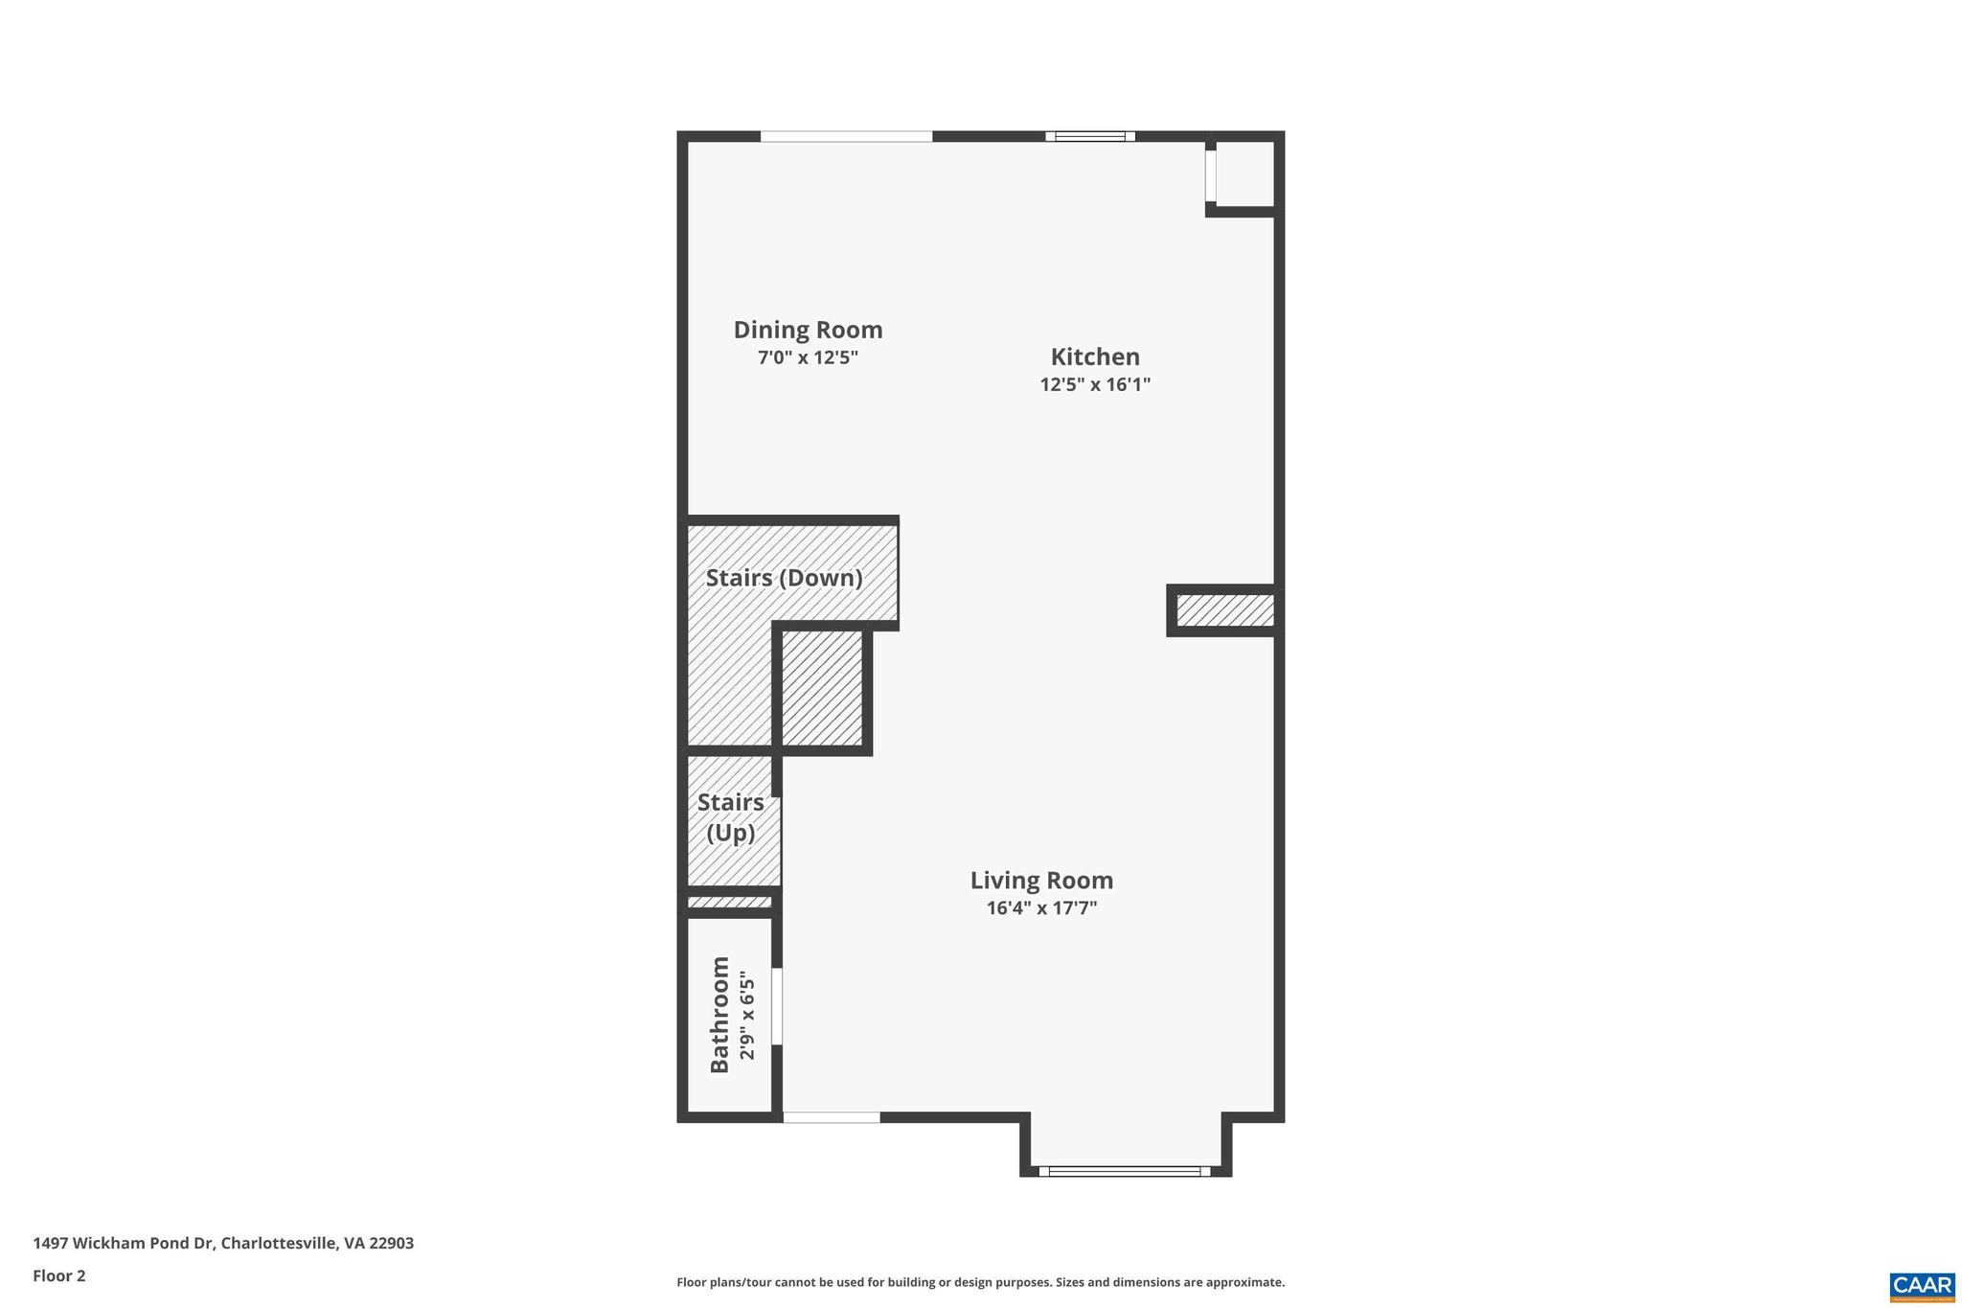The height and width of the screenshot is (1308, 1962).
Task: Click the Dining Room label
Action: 808,330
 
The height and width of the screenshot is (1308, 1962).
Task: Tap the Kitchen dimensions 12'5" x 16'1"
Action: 1094,384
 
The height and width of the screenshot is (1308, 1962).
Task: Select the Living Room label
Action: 1041,880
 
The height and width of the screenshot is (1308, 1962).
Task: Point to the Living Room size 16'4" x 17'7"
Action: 1041,907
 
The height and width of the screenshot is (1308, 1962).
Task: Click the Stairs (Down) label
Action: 784,578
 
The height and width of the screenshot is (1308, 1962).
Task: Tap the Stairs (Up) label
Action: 731,817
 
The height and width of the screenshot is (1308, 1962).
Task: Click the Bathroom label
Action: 719,1014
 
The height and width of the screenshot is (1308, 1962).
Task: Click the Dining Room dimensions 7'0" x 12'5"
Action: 808,357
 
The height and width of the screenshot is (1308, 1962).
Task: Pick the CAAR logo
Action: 1921,1286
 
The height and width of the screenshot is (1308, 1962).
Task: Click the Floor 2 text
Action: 59,1275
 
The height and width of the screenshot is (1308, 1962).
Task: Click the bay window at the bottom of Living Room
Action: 1125,1171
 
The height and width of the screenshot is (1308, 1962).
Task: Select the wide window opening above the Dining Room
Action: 846,136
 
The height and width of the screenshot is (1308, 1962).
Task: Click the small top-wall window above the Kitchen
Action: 1090,136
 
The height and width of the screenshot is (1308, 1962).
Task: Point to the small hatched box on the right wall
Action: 1224,610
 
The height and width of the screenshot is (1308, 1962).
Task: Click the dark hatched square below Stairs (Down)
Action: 822,687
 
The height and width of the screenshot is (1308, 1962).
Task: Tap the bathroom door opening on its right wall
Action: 777,1006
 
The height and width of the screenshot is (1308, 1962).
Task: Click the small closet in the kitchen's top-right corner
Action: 1244,173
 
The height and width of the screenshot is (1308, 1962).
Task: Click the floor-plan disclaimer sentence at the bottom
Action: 980,1282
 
